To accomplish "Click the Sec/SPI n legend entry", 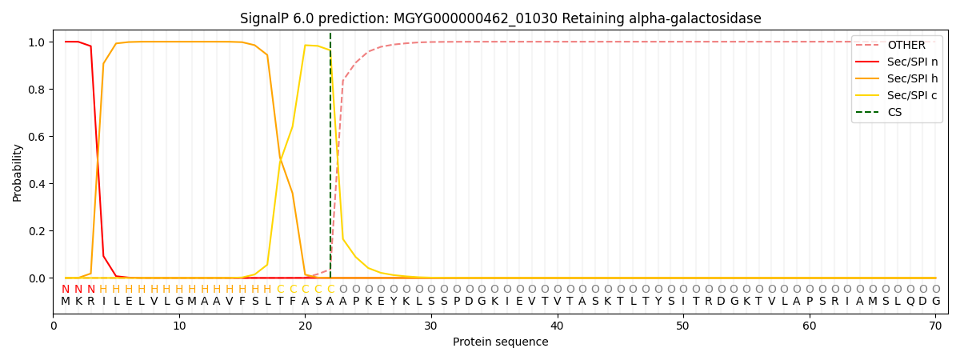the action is click(x=897, y=62).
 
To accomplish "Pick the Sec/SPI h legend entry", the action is click(x=897, y=78).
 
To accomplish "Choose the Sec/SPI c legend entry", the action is click(x=897, y=95).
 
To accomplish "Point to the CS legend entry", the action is click(x=883, y=112).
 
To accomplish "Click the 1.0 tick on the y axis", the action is click(x=37, y=42).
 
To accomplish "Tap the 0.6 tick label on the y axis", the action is click(x=37, y=137).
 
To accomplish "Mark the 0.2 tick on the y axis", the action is click(x=37, y=231).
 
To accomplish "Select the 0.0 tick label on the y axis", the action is click(x=37, y=278).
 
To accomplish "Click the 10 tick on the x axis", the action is click(x=179, y=326).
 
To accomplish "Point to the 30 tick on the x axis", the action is click(x=431, y=326).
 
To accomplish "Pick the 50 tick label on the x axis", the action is click(x=683, y=326).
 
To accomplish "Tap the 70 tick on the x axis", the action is click(x=935, y=326).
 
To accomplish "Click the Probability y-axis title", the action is click(x=17, y=173).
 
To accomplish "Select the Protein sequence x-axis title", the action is click(x=501, y=342).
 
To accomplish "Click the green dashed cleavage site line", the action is click(x=330, y=155).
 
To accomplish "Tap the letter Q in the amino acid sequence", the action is click(x=910, y=302).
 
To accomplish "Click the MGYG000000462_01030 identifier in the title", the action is click(x=476, y=19).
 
